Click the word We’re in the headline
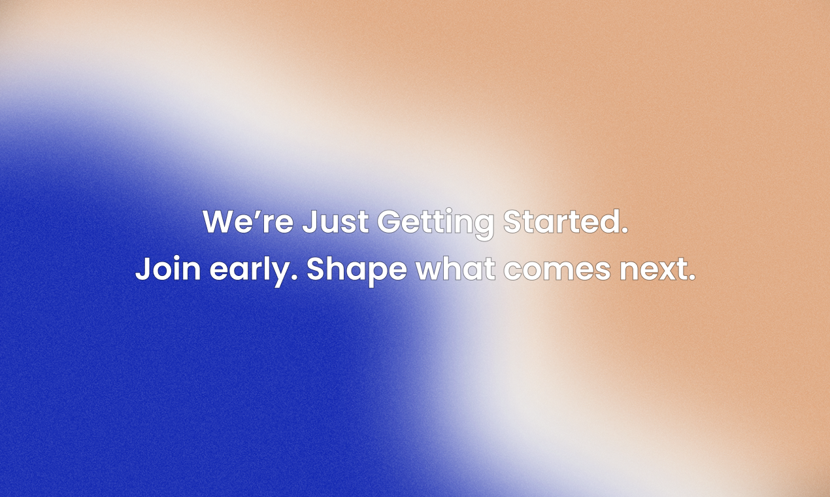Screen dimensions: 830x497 coord(248,222)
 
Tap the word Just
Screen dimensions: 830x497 coord(336,222)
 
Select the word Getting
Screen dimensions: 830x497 coord(436,224)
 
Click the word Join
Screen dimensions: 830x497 coord(168,267)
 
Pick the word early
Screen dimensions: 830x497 coord(254,270)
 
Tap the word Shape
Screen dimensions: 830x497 coord(357,270)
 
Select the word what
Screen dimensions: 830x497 coord(456,267)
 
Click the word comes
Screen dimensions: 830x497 coord(557,270)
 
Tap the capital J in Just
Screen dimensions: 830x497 coord(310,222)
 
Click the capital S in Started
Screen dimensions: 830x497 coord(512,222)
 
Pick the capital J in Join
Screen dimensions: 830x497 coord(142,268)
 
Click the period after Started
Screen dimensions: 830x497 coord(625,230)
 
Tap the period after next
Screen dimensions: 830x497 coord(692,277)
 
